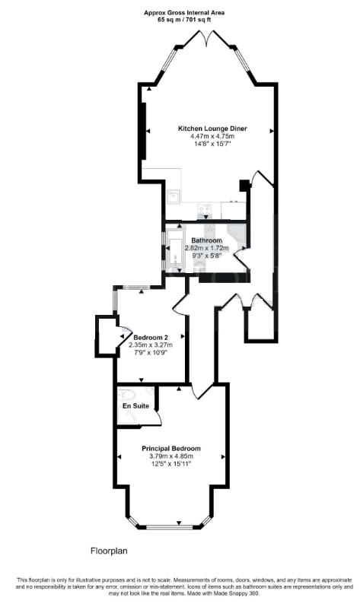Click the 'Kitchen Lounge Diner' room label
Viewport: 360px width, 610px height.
coord(212,128)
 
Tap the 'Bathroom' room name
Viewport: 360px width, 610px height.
coord(206,240)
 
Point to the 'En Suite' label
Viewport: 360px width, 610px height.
coord(135,406)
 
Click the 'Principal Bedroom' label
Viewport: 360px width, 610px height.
coord(171,449)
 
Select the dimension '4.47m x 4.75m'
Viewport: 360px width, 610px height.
coord(212,136)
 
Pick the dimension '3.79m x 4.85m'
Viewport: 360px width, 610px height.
coord(171,457)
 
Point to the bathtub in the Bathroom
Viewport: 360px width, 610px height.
coord(176,253)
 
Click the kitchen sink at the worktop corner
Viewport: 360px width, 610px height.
coord(174,197)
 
